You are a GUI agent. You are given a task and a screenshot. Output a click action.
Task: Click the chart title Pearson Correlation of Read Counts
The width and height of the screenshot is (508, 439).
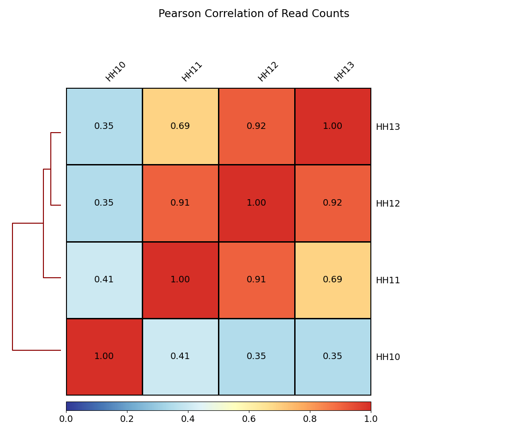click(x=254, y=14)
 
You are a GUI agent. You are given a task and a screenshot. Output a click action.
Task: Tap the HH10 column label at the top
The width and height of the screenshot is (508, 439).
click(x=115, y=72)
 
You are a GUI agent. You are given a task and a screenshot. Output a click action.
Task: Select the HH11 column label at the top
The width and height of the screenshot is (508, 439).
click(x=192, y=72)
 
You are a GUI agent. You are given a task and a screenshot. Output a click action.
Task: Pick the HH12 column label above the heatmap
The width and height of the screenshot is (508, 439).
click(x=268, y=72)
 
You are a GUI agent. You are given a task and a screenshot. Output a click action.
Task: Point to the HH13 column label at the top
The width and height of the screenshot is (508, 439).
click(x=344, y=72)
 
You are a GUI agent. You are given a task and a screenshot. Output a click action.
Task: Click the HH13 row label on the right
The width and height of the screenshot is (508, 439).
click(x=387, y=127)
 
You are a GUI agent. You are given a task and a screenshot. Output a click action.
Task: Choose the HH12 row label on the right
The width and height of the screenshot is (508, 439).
click(x=387, y=204)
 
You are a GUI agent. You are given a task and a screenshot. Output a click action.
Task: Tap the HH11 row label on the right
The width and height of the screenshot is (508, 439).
click(x=387, y=280)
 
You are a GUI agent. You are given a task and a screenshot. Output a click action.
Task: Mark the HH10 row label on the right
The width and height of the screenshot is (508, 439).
click(x=387, y=357)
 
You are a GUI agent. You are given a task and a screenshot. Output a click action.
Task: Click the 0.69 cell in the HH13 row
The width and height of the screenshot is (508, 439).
click(x=180, y=126)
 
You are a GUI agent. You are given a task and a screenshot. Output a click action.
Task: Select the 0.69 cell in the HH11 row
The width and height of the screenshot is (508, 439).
click(x=333, y=280)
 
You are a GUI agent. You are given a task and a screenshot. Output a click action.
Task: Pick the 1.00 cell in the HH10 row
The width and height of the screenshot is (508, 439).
click(x=104, y=356)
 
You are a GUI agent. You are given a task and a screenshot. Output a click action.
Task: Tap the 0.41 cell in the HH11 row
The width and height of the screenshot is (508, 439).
click(x=104, y=280)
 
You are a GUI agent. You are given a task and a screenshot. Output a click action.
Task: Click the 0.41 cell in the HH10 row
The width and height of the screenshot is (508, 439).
click(x=180, y=356)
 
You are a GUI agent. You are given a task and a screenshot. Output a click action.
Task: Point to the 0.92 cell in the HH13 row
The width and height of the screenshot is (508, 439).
click(x=256, y=126)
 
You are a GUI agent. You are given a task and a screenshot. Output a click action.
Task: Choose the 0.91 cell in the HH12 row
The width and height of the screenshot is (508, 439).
click(x=180, y=203)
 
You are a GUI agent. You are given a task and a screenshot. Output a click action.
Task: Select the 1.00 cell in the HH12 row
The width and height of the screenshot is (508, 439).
click(x=256, y=203)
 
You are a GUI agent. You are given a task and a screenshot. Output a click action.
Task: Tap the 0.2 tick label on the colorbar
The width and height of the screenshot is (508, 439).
click(x=127, y=419)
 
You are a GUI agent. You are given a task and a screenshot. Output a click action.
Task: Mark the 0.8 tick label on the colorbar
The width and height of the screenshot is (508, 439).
click(x=310, y=419)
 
